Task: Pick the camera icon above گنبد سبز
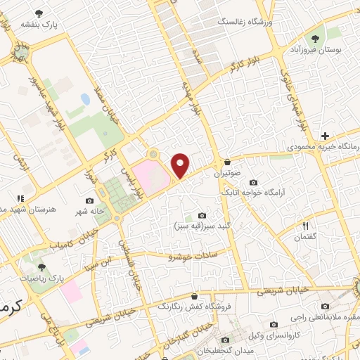point(202,215)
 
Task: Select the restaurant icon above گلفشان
point(305,226)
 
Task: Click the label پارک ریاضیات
point(41,278)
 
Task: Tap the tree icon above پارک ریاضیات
point(41,267)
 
